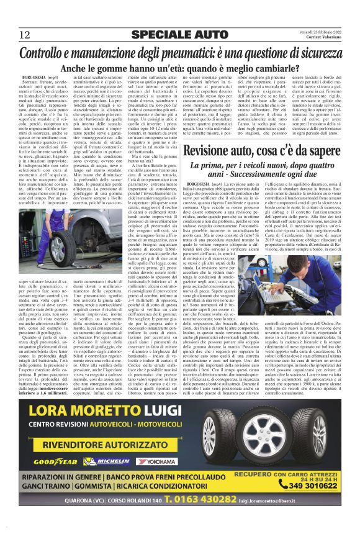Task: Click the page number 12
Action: point(25,34)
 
